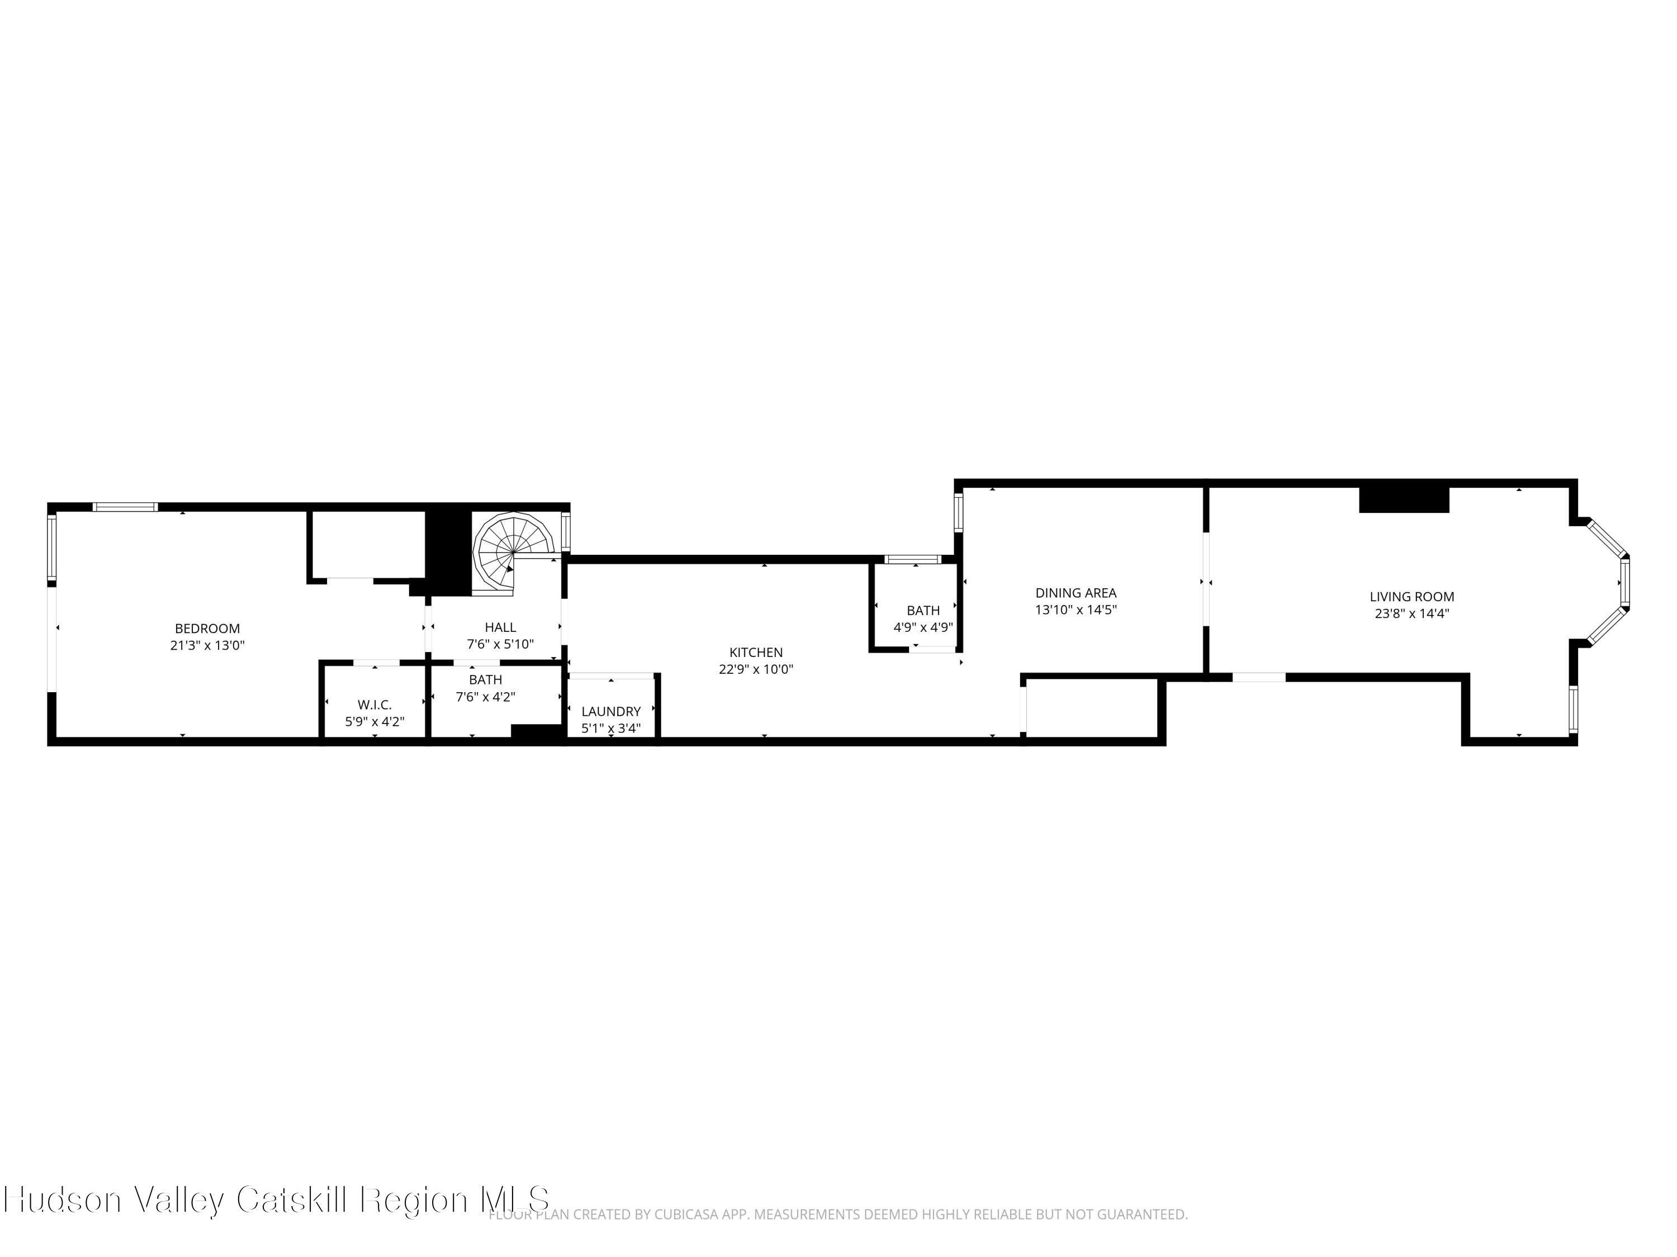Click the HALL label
click(500, 627)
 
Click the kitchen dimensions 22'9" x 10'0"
click(756, 670)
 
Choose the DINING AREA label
click(1076, 593)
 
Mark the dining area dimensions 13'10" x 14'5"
click(1076, 610)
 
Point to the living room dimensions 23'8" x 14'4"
click(1411, 615)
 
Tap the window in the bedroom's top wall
click(125, 507)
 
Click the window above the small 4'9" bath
click(913, 560)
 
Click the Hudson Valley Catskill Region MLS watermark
click(276, 1199)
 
